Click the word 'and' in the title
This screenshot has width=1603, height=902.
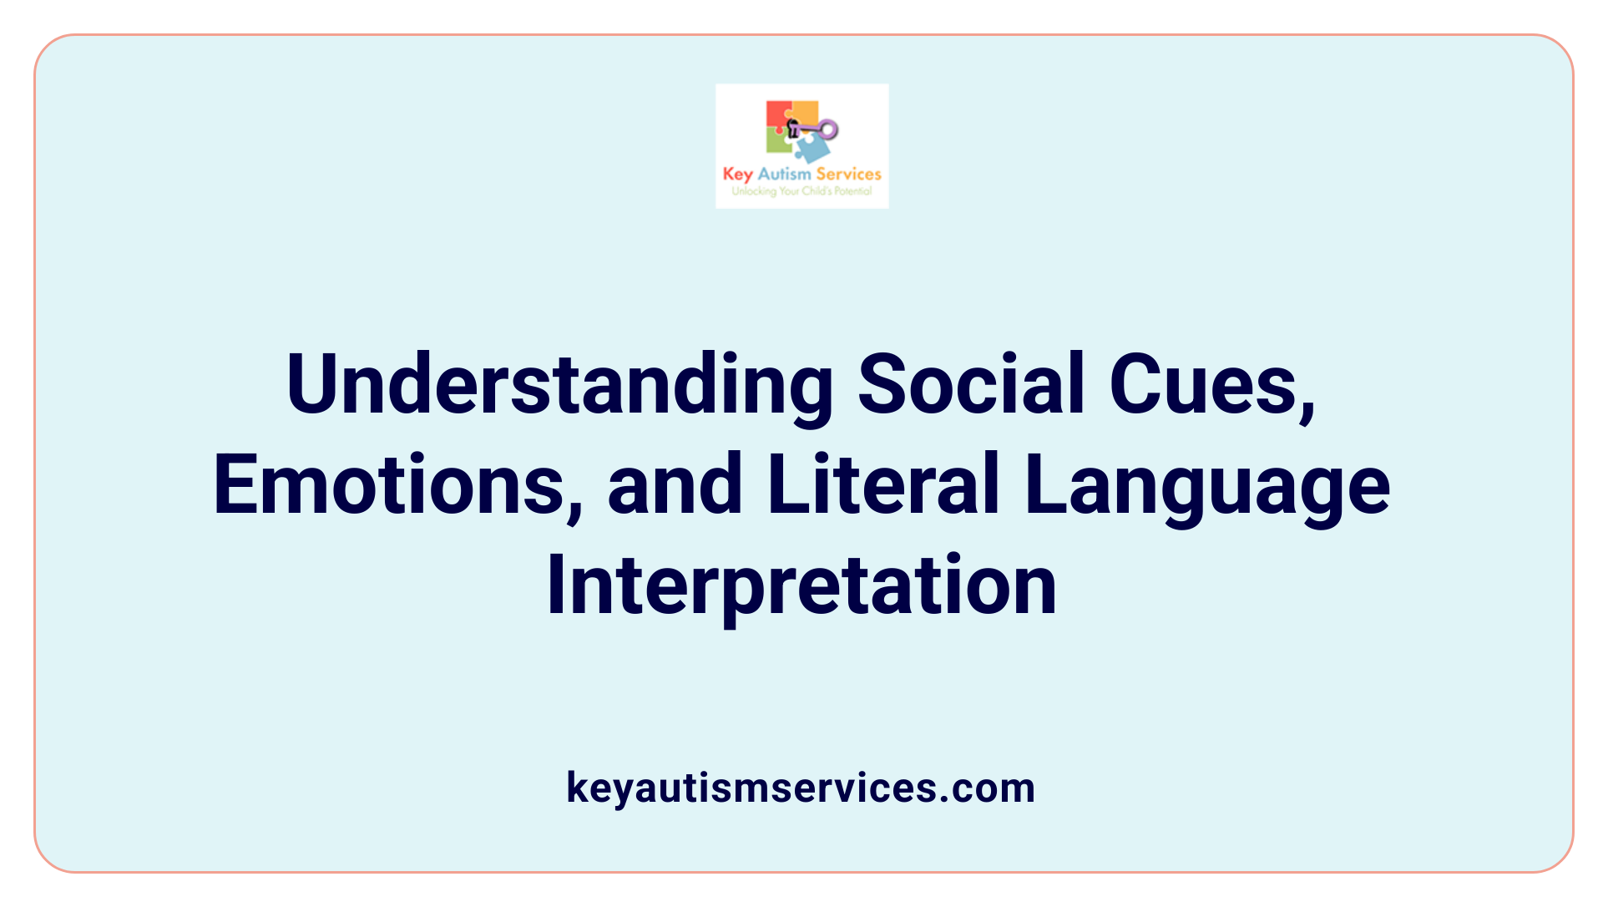coord(675,484)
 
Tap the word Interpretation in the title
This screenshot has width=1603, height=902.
coord(801,585)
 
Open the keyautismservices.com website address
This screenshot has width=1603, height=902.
coord(801,788)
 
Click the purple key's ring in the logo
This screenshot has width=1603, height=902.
coord(827,129)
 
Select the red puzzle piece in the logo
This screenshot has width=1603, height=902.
coord(778,114)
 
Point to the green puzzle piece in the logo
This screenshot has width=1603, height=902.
coord(778,142)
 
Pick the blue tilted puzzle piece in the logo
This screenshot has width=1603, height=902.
coord(812,149)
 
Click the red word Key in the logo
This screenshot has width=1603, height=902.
coord(738,175)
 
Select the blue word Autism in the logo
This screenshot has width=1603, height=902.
coord(784,174)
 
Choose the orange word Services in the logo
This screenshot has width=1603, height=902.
coord(848,174)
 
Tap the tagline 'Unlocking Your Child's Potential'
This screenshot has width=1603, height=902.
coord(801,191)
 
